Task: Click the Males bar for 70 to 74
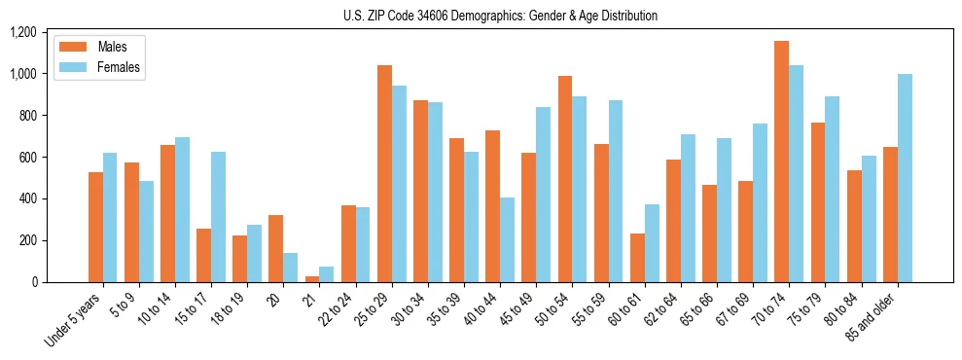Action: [x=781, y=162]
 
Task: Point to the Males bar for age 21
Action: [x=311, y=279]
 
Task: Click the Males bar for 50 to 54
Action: [x=565, y=179]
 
